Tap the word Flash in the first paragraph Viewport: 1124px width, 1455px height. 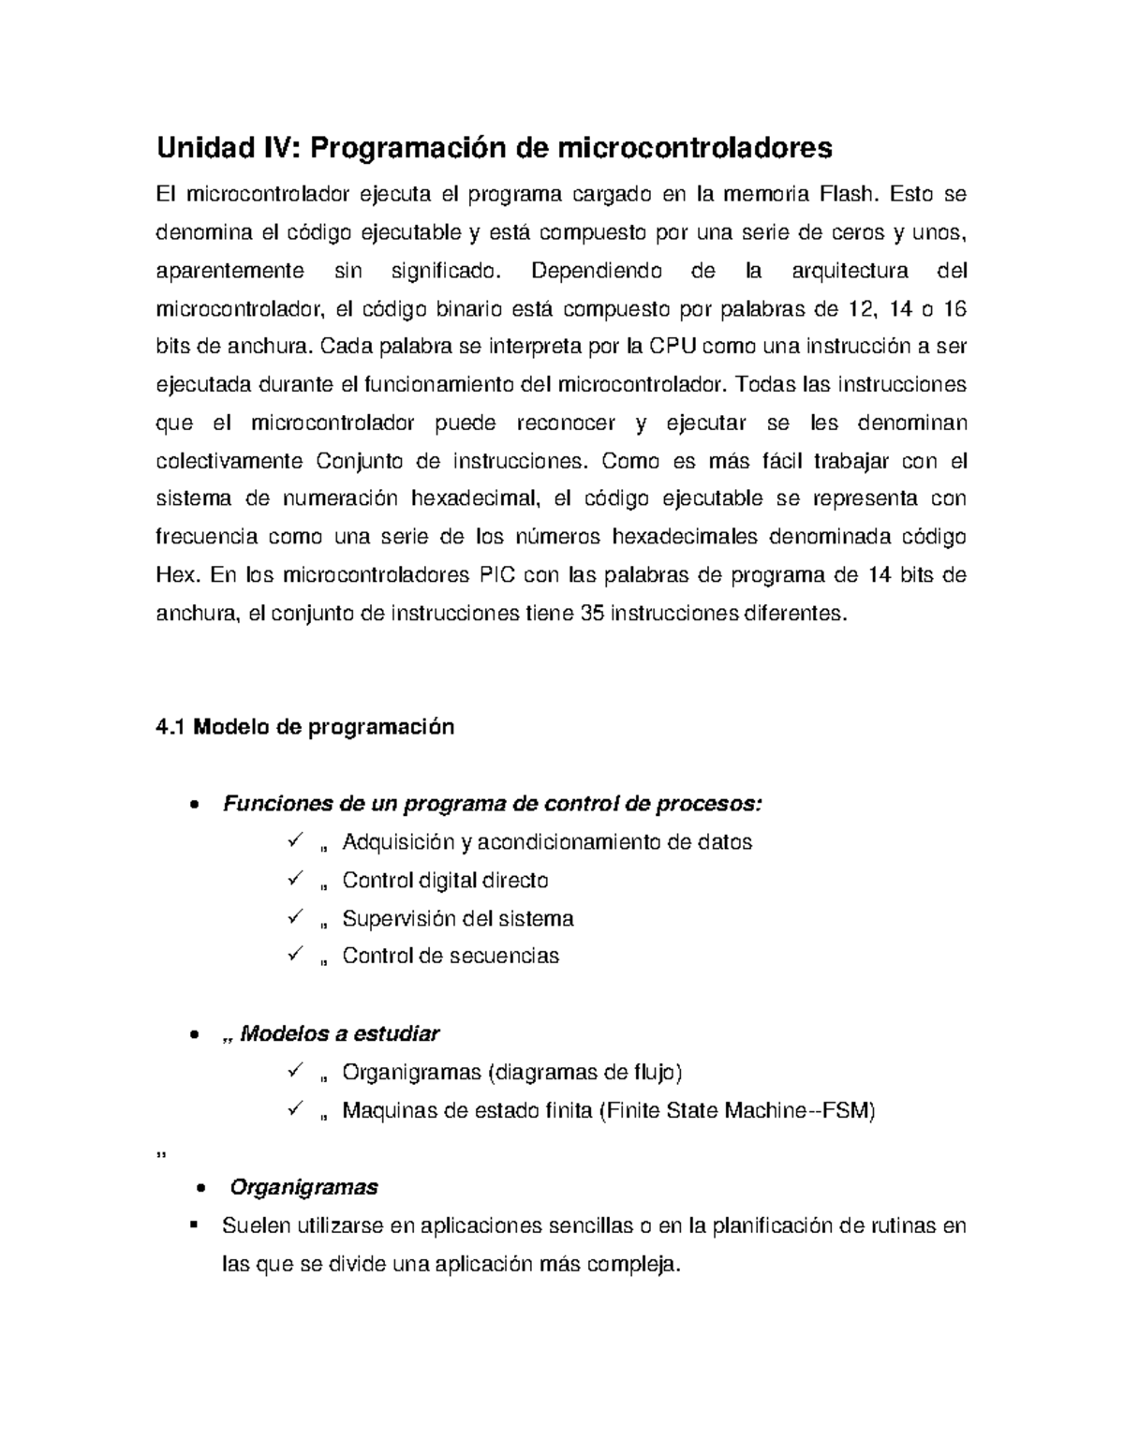click(x=848, y=195)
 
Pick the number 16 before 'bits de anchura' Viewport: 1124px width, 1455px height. click(x=953, y=309)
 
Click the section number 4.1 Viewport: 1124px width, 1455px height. click(x=170, y=727)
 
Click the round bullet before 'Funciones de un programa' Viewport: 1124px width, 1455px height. click(x=193, y=805)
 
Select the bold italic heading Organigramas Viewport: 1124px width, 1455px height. click(x=303, y=1187)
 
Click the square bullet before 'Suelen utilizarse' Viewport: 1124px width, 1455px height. click(x=194, y=1225)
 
